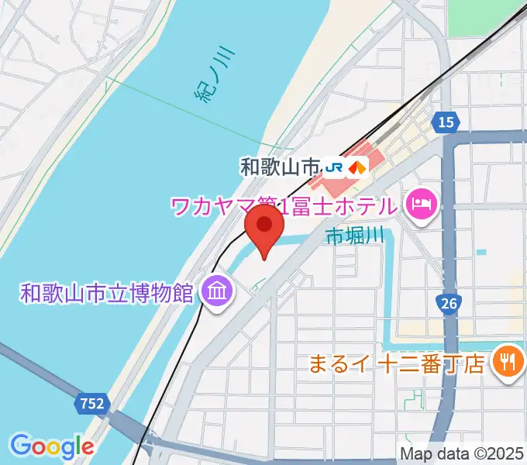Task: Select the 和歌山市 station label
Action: pos(280,166)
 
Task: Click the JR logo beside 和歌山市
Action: pos(335,166)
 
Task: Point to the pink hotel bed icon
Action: pos(423,205)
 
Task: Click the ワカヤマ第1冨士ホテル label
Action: pos(284,206)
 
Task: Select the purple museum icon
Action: pos(213,292)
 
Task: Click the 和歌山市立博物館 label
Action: pos(107,293)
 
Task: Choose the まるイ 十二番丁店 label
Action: pos(397,362)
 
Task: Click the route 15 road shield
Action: pos(446,122)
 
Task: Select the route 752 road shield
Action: pos(91,403)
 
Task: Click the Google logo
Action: pos(52,446)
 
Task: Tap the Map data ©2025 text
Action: pos(462,453)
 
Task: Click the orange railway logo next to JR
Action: pos(357,166)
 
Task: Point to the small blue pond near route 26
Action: pos(482,252)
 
